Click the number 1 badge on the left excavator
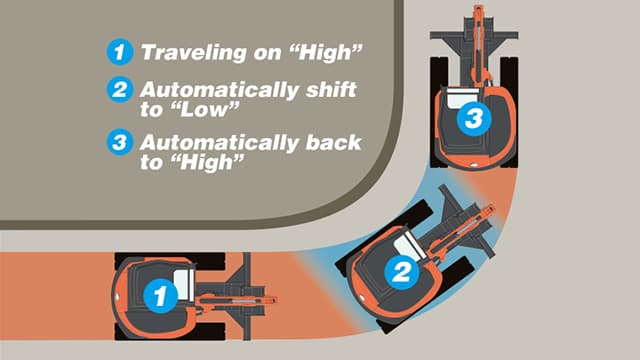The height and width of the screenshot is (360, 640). tap(157, 294)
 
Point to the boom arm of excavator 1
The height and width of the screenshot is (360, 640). tap(235, 297)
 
